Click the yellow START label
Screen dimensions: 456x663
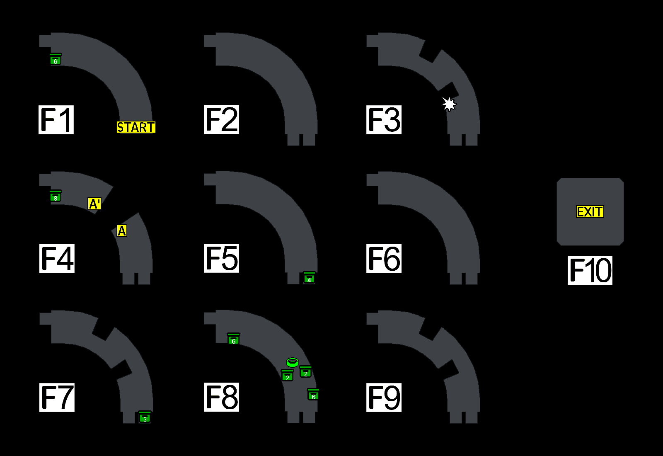pos(136,127)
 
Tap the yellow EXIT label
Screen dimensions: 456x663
pos(590,212)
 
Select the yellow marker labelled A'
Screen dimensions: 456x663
pos(94,204)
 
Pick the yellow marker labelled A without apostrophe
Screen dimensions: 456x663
pos(122,231)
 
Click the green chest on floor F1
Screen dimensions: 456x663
pos(56,60)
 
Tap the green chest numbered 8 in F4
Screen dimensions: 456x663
pos(56,196)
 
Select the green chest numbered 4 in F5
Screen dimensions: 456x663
pos(309,278)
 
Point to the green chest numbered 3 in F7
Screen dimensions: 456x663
pos(145,417)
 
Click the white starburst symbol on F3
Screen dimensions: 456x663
pos(449,104)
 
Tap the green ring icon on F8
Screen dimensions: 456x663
pos(293,362)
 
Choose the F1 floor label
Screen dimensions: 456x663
pos(56,120)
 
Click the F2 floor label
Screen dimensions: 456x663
pos(221,119)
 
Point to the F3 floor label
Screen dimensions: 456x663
pos(384,120)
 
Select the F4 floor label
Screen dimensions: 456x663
pos(57,259)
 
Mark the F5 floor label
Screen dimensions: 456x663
pos(221,258)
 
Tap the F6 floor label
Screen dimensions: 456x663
pos(384,259)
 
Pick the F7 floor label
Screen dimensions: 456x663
pos(57,398)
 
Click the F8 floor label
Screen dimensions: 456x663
pos(221,397)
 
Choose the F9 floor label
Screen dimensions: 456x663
pos(384,398)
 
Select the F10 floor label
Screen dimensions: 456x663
pos(590,270)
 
